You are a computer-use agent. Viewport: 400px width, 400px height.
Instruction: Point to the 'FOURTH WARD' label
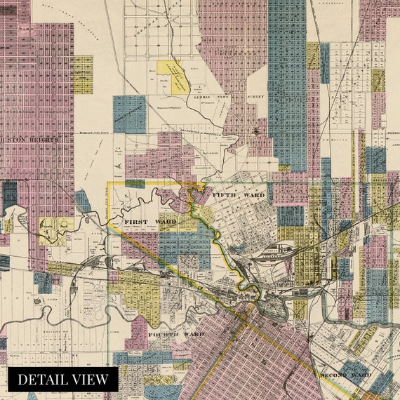175,335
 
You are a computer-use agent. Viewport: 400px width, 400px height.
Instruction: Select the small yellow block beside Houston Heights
83,74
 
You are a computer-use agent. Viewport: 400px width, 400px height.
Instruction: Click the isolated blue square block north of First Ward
130,114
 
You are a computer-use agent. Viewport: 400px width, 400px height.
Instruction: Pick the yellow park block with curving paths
55,230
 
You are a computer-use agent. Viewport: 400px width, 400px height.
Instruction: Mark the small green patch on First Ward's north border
135,184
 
